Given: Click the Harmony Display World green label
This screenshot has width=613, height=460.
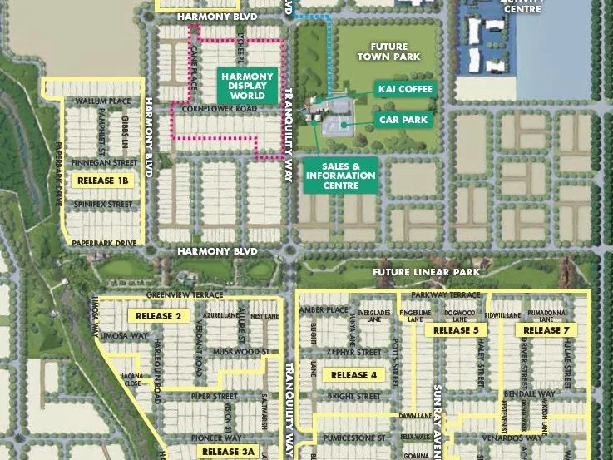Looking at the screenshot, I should coord(247,85).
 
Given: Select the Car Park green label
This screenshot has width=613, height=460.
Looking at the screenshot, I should coord(403,120).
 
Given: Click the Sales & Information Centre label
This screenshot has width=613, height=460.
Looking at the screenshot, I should coord(341,176).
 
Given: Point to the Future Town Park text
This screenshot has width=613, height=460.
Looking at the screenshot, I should coord(389,51).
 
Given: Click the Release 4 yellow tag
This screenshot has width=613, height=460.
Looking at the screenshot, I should coord(354,375).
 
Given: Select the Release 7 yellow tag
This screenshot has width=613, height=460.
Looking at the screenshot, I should coord(542,330).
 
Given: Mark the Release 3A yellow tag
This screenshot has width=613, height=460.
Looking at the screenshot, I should coord(228,453).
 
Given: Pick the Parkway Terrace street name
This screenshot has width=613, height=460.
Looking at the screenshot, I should coord(452,295).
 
